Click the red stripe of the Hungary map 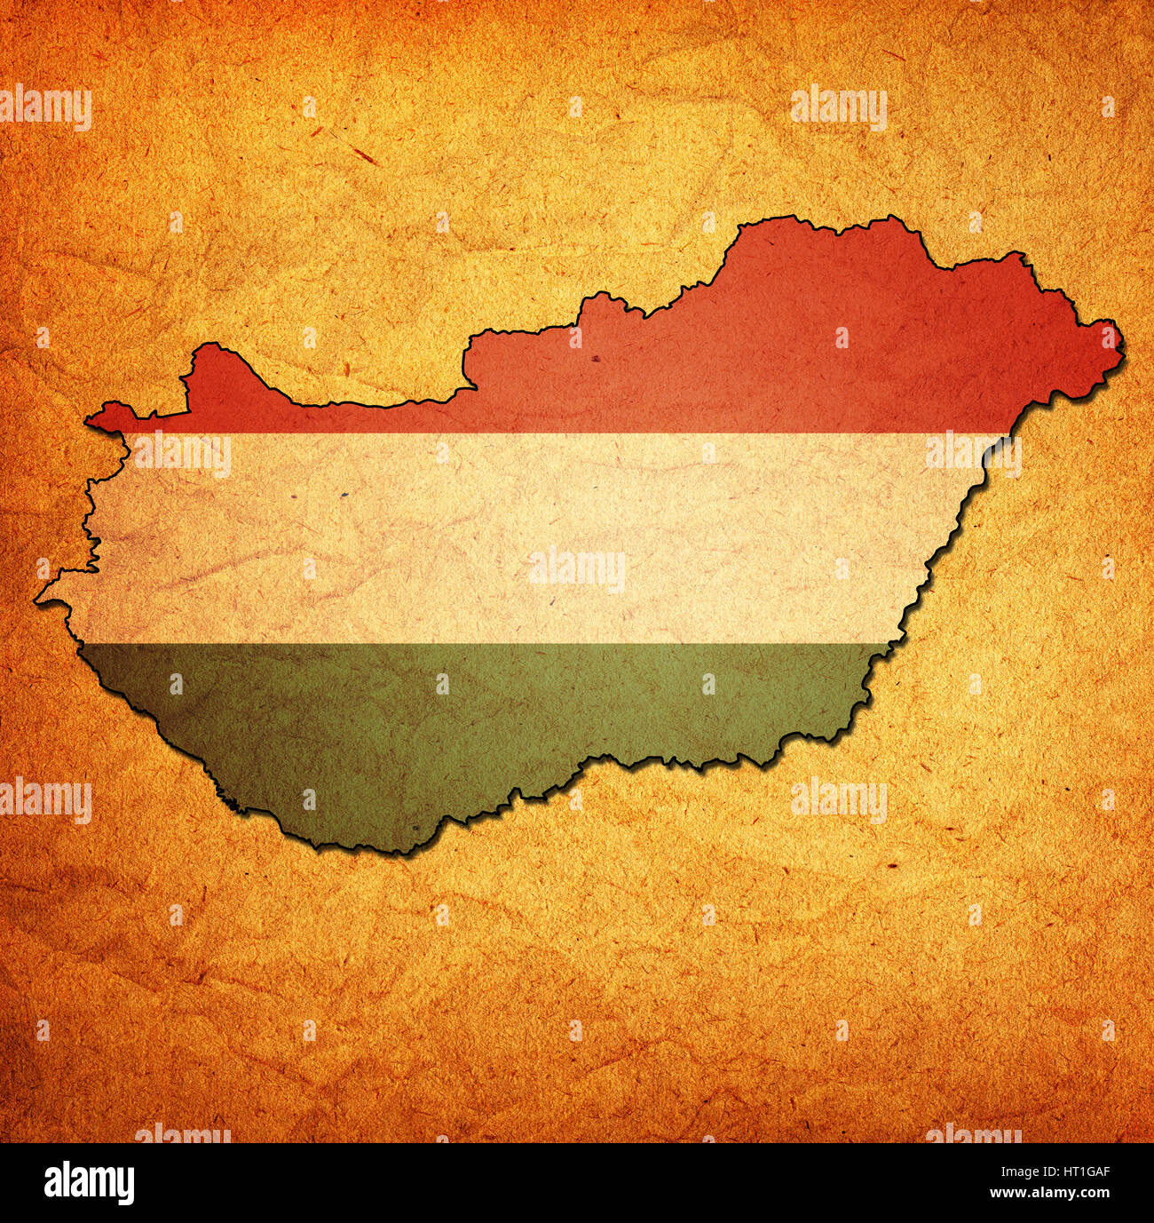pyautogui.click(x=710, y=364)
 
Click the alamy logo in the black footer pyautogui.click(x=90, y=1183)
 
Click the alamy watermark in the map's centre pyautogui.click(x=577, y=569)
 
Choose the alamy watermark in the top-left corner pyautogui.click(x=46, y=107)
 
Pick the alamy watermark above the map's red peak pyautogui.click(x=839, y=107)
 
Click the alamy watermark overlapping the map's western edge pyautogui.click(x=182, y=454)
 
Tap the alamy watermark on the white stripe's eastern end pyautogui.click(x=973, y=454)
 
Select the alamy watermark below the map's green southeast pyautogui.click(x=839, y=798)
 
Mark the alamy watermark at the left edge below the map pyautogui.click(x=46, y=798)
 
